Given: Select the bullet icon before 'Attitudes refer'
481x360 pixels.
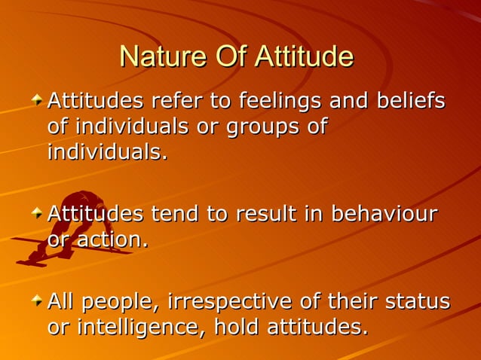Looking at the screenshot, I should point(37,100).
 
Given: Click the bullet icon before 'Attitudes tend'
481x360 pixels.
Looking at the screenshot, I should point(37,214).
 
